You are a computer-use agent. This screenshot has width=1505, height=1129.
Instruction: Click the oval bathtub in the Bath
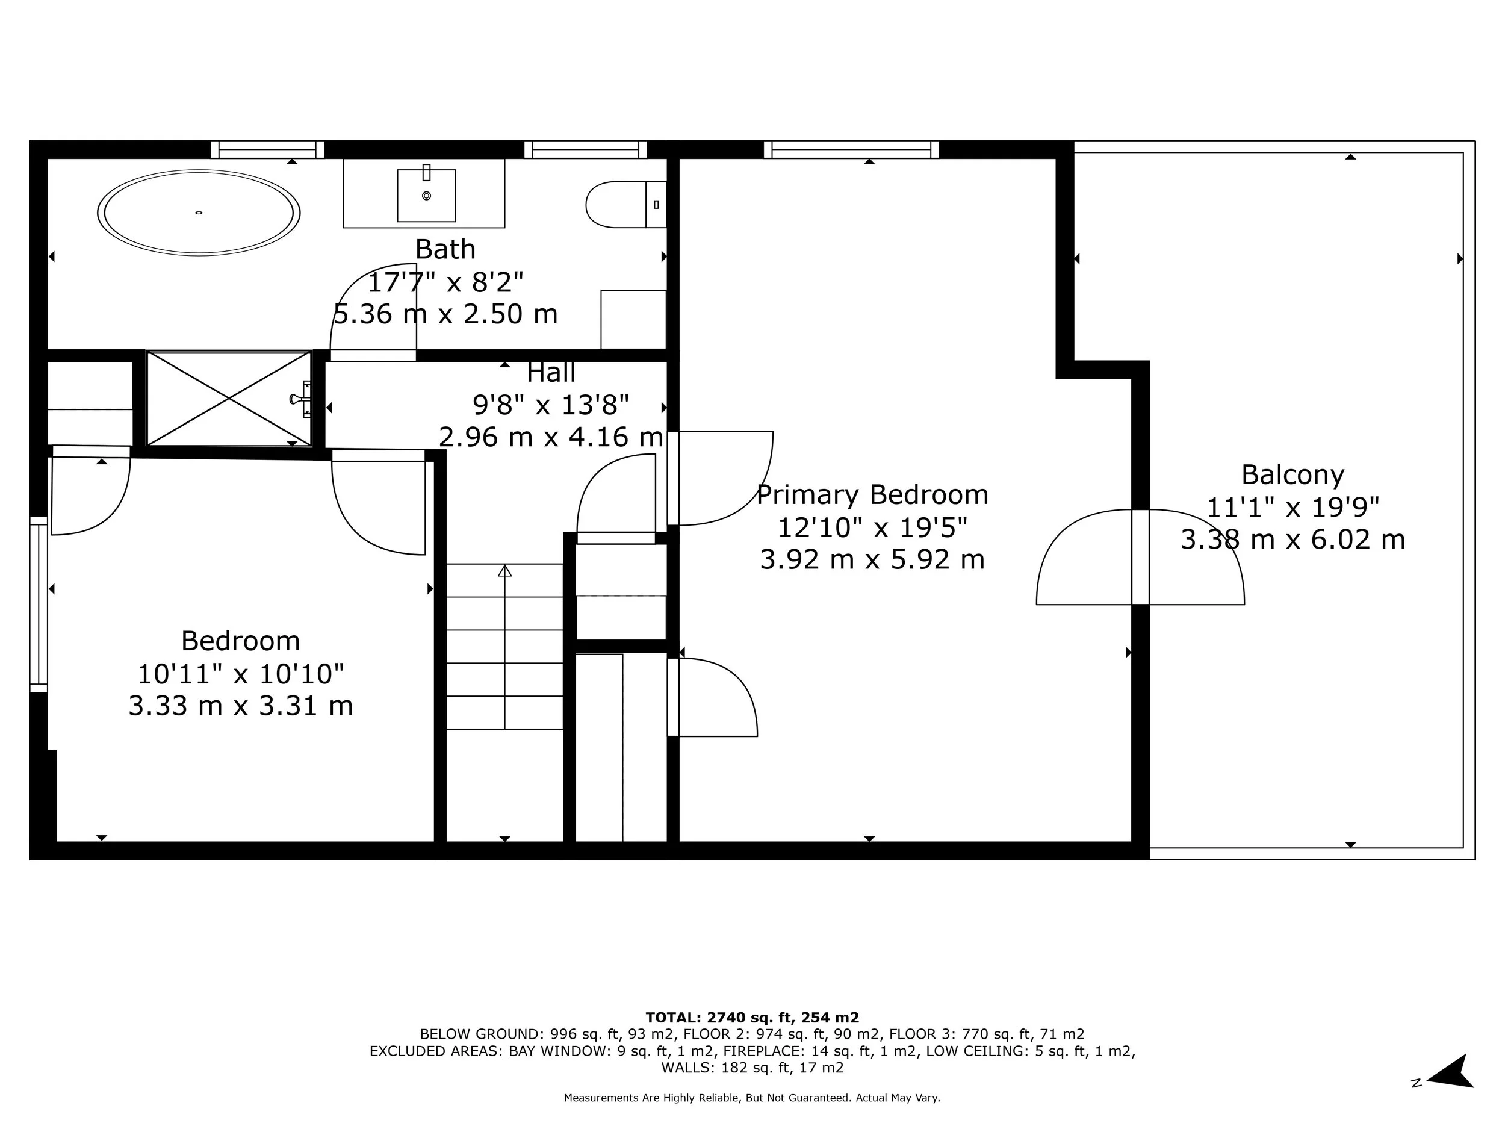199,213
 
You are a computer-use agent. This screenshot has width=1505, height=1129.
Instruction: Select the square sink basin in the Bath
427,196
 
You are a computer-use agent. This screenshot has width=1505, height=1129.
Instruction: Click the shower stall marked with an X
229,399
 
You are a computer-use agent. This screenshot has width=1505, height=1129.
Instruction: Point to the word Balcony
1292,475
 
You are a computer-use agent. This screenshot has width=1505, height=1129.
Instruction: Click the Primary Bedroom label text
872,495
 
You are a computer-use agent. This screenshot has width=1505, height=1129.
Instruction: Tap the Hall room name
551,373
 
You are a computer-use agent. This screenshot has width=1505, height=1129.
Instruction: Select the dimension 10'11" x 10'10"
241,674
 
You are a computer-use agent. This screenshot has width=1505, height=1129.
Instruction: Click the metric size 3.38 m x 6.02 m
1292,540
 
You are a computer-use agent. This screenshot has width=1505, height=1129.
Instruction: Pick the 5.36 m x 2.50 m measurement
445,314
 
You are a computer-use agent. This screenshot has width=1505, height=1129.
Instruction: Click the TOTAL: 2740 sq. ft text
752,1018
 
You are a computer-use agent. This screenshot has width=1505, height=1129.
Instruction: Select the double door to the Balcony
1140,557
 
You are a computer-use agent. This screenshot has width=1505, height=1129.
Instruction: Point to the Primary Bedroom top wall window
851,150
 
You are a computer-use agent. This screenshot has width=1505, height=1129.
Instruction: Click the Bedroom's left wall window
39,603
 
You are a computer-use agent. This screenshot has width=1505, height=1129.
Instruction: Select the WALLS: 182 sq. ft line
752,1067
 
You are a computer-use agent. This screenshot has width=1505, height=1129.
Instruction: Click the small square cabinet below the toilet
633,319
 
